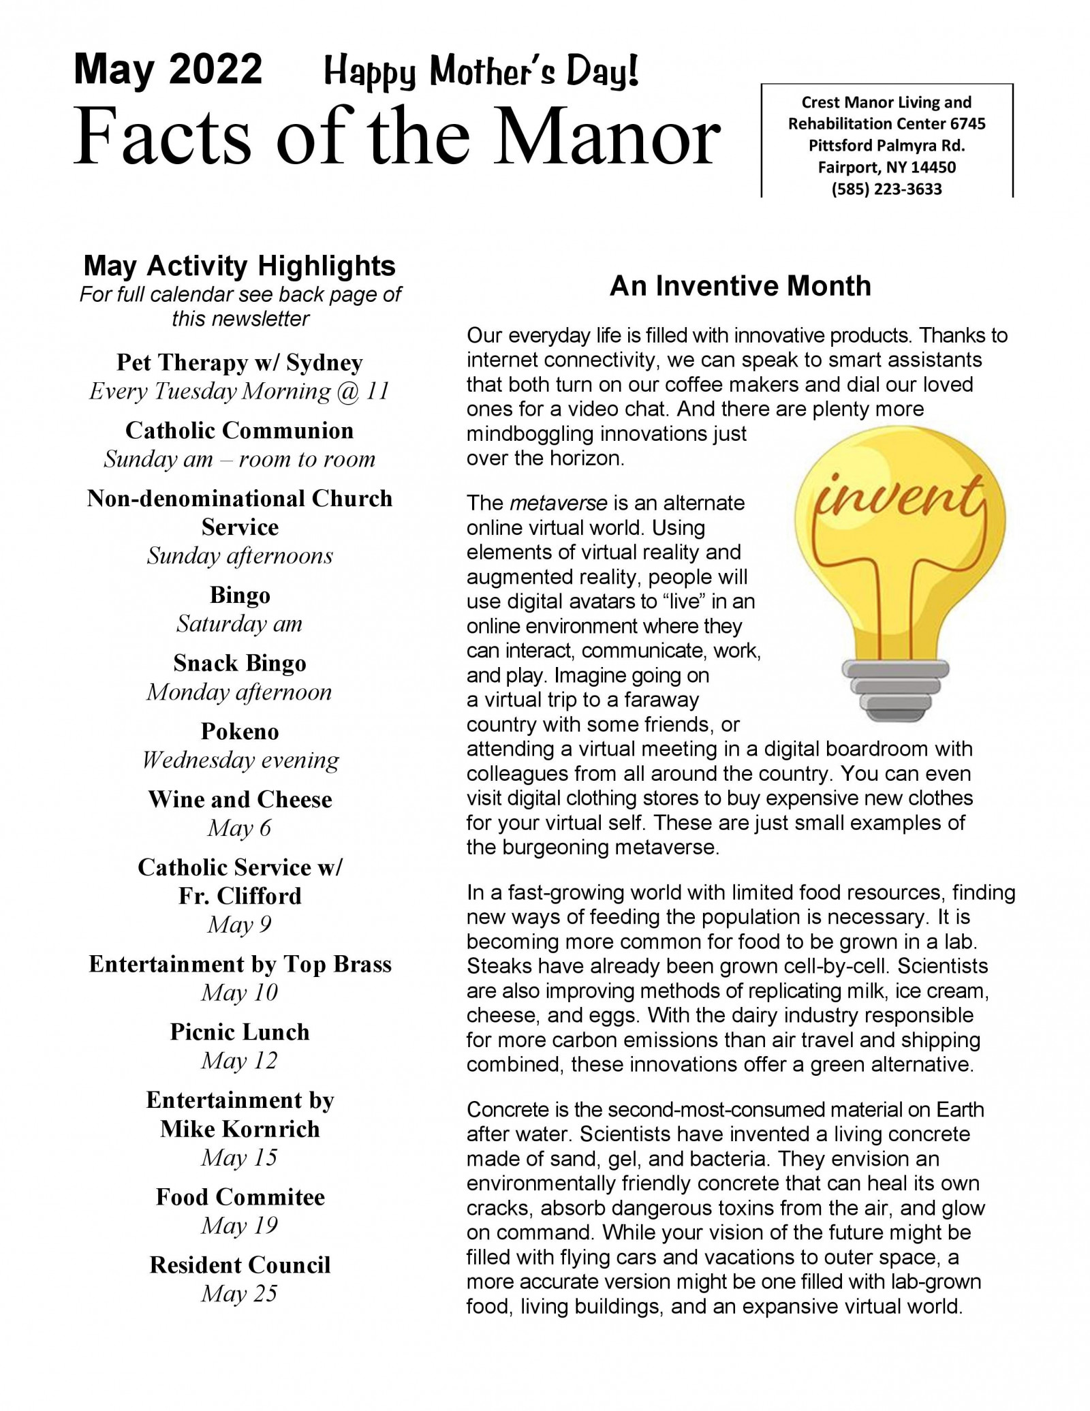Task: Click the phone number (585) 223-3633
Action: (886, 189)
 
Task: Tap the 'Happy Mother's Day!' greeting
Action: (482, 72)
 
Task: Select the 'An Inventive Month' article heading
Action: (740, 285)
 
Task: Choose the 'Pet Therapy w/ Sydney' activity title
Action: (239, 362)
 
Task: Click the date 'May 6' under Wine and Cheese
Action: (239, 828)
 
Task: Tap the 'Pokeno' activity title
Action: (240, 731)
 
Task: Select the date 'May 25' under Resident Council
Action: (239, 1293)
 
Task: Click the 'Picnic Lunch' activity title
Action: (240, 1032)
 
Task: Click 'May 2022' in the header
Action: (168, 69)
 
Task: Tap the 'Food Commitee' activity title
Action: (240, 1196)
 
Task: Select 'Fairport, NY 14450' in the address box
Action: (886, 167)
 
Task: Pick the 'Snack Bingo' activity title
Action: (240, 663)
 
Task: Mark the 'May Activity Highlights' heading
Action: (239, 266)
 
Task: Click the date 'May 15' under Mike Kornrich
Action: (239, 1158)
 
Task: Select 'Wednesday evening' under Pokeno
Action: (240, 760)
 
